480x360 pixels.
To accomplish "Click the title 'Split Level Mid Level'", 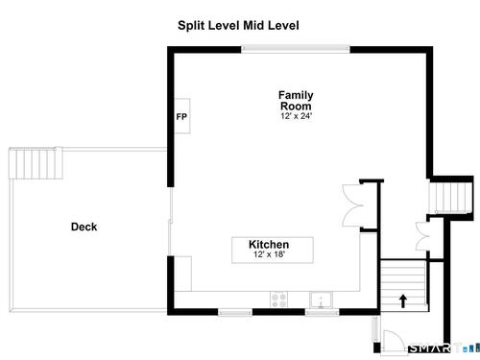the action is click(x=238, y=26).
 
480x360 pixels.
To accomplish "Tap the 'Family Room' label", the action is click(x=296, y=101).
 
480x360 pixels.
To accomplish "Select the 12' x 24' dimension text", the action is click(x=296, y=116).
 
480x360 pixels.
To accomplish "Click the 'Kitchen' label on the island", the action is click(x=269, y=245).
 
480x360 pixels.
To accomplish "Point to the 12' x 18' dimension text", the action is click(x=269, y=254).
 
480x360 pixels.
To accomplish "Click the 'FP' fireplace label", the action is click(x=181, y=117).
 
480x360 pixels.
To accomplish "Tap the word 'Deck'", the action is click(x=84, y=227).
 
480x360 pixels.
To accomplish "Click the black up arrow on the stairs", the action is click(x=403, y=301).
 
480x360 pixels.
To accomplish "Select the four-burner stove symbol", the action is click(x=278, y=300).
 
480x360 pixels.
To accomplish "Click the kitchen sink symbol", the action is click(x=321, y=300).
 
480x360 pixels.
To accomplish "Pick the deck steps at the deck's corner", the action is click(x=36, y=163).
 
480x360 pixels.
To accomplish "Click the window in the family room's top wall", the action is click(x=296, y=49).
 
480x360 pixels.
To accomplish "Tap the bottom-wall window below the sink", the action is click(x=323, y=312).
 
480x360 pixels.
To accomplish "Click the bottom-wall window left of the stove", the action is click(x=235, y=312).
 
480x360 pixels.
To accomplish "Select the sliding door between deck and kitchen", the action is click(x=171, y=222).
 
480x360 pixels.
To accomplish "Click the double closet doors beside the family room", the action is click(x=353, y=205).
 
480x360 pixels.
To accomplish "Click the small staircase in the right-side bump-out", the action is click(x=451, y=197).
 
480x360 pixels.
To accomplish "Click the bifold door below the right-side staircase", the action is click(x=422, y=236).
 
